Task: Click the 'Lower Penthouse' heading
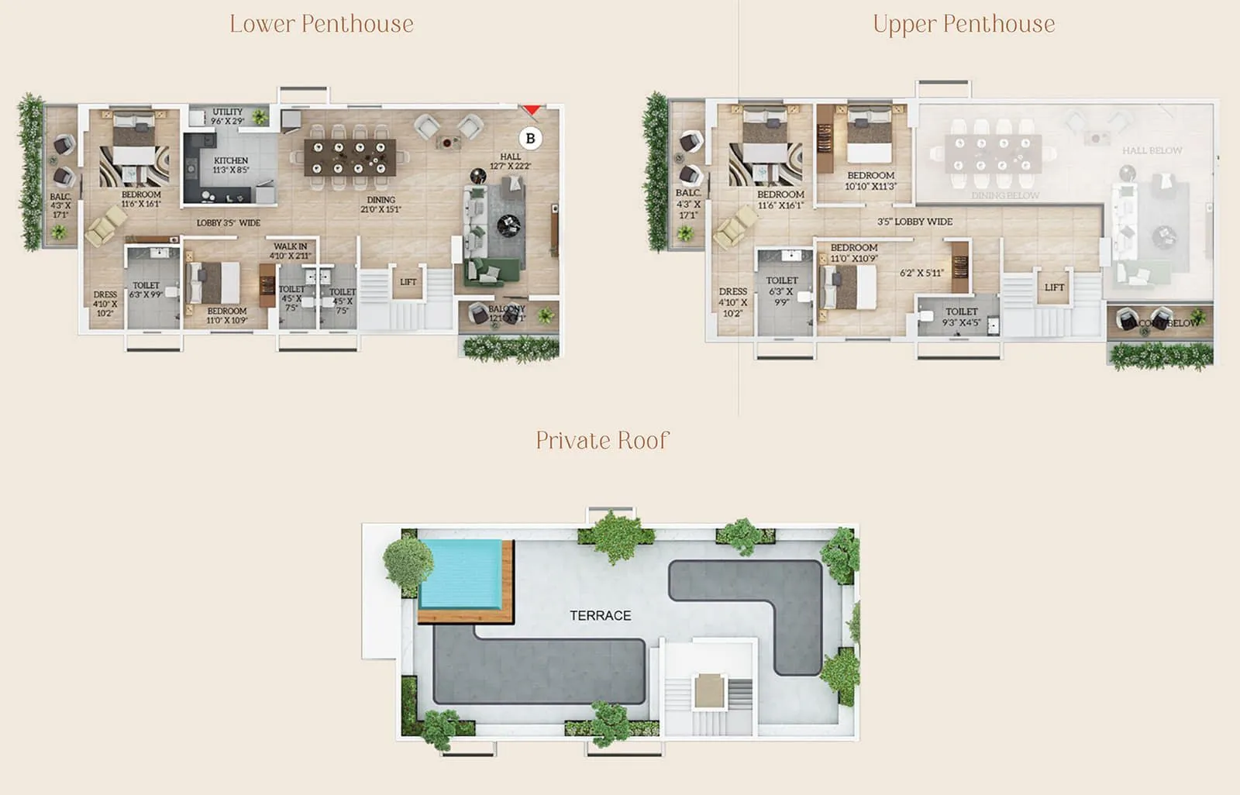coord(321,24)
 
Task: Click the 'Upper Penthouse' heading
coord(963,24)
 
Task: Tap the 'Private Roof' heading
coord(602,440)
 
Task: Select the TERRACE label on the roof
coord(600,615)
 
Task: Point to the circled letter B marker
coord(530,139)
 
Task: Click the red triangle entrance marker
coord(530,110)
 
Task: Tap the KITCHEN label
coord(231,160)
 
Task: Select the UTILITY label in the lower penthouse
coord(227,112)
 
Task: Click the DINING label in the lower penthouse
coord(381,199)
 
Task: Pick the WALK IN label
coord(290,246)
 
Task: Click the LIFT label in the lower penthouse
coord(408,282)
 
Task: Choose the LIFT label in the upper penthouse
coord(1054,287)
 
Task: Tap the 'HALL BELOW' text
coord(1152,150)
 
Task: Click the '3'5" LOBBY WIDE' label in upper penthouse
coord(914,222)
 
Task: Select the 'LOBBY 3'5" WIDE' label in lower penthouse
coord(228,223)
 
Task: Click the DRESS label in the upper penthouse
coord(732,291)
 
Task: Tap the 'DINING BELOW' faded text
coord(1005,196)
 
